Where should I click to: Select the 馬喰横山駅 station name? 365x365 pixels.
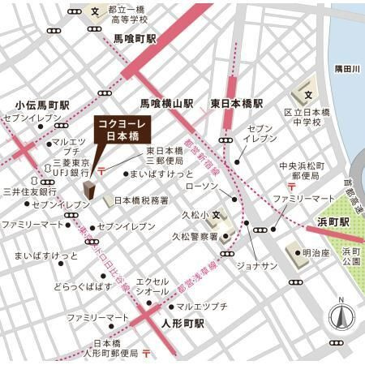167,104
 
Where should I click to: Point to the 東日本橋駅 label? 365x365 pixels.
237,104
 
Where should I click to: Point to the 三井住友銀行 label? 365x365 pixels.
29,191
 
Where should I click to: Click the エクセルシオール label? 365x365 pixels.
152,286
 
